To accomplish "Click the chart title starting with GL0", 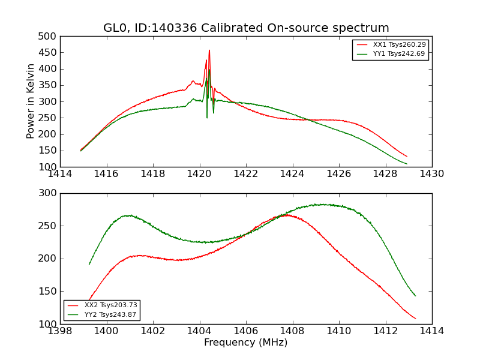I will tap(246, 28).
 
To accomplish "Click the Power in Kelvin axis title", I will tap(31, 101).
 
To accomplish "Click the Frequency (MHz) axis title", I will tap(246, 343).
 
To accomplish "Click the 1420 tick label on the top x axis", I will tap(199, 174).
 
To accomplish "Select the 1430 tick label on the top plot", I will tap(431, 174).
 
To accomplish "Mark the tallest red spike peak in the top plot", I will tap(209, 50).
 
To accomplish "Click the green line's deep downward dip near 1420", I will tap(207, 117).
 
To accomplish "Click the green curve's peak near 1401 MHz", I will tap(128, 215).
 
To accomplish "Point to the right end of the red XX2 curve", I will tap(415, 319).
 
